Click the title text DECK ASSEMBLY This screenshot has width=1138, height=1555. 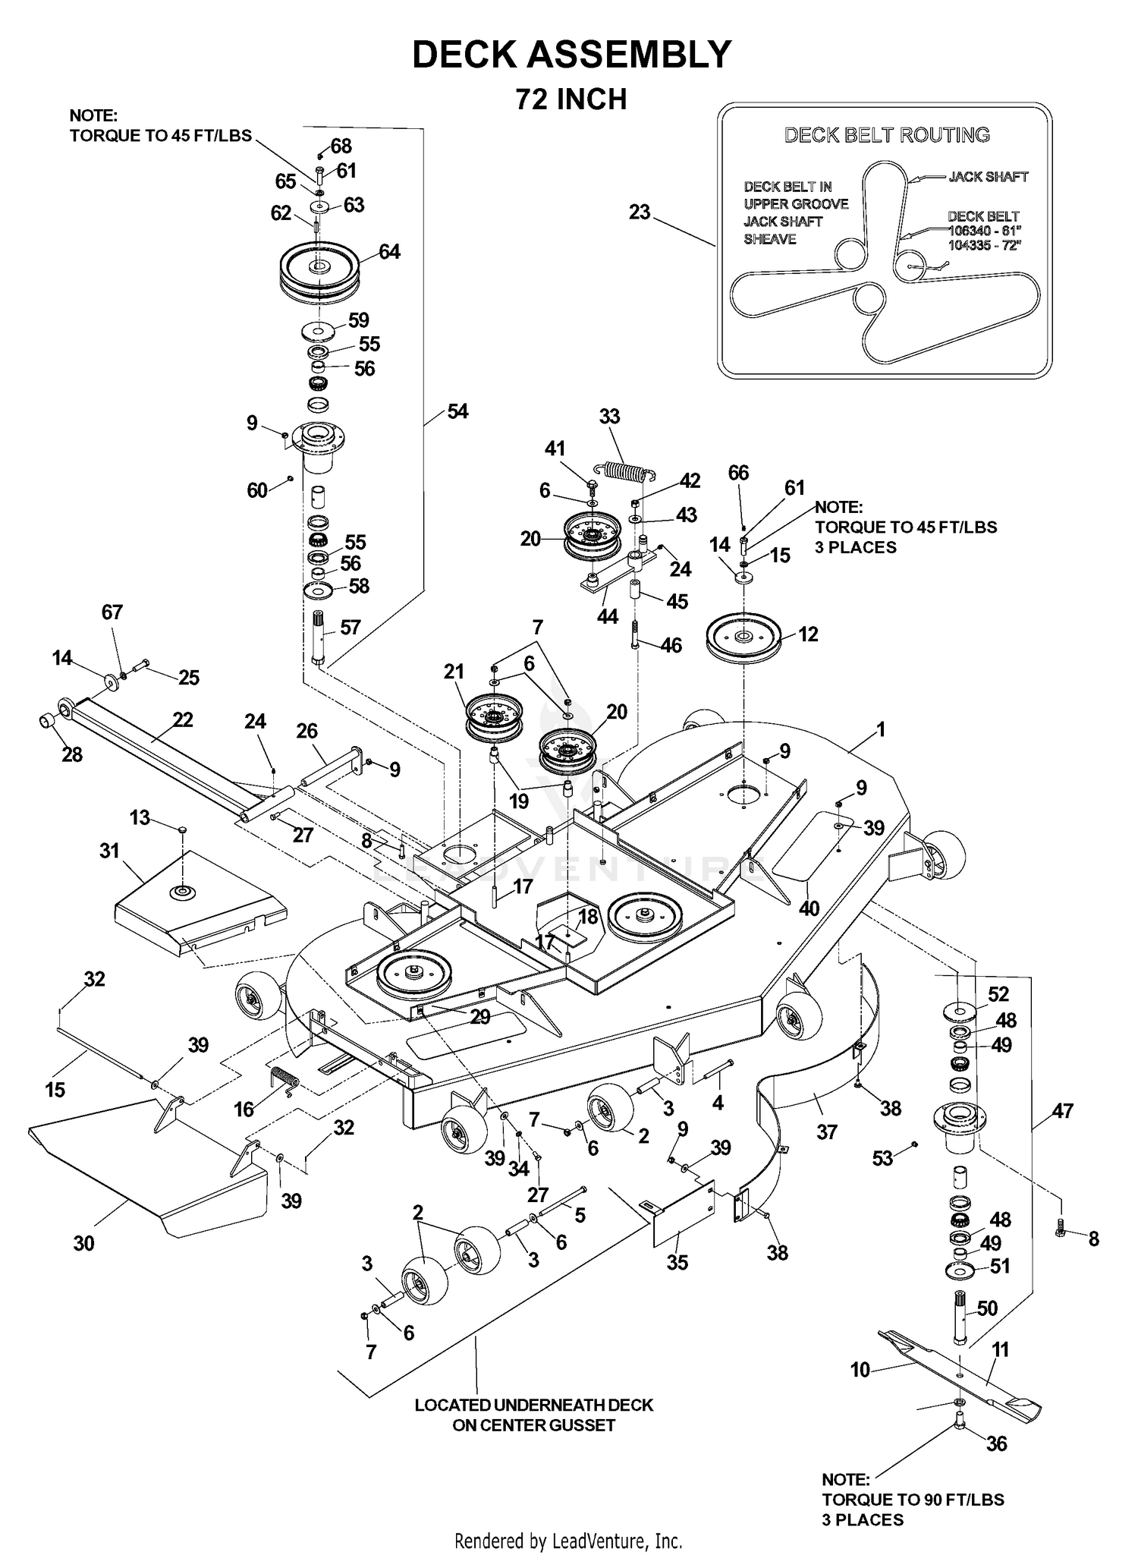point(571,55)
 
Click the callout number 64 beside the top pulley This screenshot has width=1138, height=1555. point(389,251)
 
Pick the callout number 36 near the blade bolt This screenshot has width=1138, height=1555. point(996,1443)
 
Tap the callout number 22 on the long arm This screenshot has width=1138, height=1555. point(183,719)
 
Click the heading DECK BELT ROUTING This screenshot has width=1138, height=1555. point(887,135)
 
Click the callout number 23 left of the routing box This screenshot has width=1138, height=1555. point(640,212)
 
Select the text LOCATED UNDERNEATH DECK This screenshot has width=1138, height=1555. point(533,1405)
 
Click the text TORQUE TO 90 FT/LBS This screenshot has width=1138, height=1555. point(913,1500)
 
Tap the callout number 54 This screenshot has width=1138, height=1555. point(457,411)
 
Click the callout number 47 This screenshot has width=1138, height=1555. point(1063,1111)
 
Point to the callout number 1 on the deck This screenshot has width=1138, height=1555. point(881,729)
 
